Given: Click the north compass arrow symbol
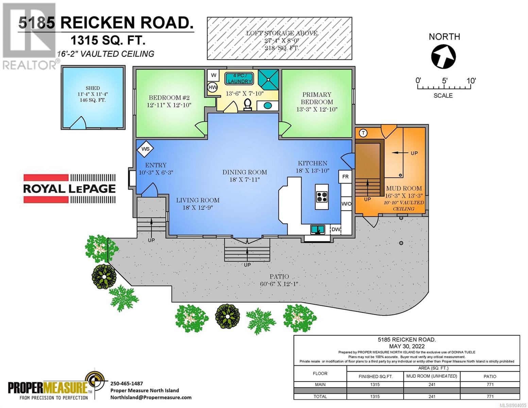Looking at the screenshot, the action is tap(443, 57).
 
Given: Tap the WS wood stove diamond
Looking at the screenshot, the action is tap(145, 149).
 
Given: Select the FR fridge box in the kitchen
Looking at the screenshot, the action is tap(345, 177).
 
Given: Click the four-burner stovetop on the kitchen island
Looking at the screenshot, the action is tap(322, 197).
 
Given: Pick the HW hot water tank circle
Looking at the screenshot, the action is tap(212, 87).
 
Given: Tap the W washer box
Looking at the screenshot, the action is tap(213, 75).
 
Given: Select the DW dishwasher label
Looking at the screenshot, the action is tap(336, 230).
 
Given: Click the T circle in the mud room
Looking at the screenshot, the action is tap(363, 133).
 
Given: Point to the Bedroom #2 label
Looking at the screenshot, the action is tap(169, 98).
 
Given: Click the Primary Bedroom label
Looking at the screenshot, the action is tap(317, 98).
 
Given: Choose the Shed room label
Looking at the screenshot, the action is tap(92, 88).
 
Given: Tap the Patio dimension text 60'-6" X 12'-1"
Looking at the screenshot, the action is tap(279, 284).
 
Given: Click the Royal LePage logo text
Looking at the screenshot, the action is tap(69, 189).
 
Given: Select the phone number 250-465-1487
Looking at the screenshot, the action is tap(126, 384).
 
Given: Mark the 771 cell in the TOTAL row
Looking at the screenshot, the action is tap(490, 396).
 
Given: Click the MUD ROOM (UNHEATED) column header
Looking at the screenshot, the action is tap(432, 376).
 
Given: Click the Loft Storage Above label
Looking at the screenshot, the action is tap(282, 33).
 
